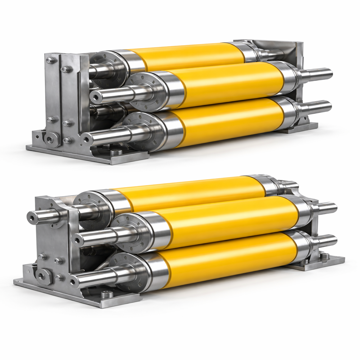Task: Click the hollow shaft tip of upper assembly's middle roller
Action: click(x=94, y=96)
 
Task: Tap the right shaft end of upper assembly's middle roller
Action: click(x=326, y=73)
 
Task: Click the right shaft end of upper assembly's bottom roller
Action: click(x=326, y=106)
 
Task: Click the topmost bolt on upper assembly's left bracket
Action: click(x=50, y=60)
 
